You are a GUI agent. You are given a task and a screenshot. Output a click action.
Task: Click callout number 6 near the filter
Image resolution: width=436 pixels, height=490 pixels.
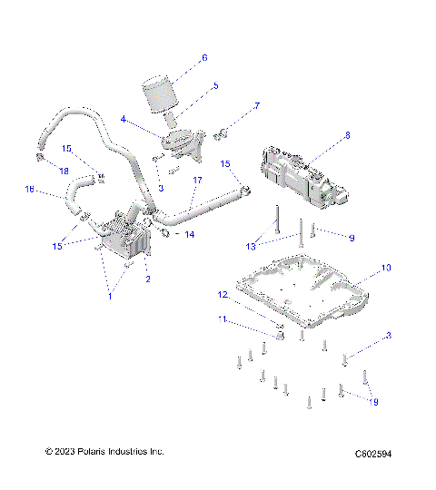(x=204, y=57)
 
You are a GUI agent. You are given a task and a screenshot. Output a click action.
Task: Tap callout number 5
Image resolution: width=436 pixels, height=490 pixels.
(x=214, y=86)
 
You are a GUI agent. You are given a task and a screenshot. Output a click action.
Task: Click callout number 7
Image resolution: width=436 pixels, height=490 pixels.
(x=256, y=106)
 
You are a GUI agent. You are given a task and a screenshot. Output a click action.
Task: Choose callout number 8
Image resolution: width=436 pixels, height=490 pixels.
(x=346, y=136)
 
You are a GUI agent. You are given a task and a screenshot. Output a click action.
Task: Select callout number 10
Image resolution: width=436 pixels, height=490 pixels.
(x=385, y=268)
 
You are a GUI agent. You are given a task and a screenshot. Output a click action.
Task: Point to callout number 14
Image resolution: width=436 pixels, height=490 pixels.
(x=190, y=234)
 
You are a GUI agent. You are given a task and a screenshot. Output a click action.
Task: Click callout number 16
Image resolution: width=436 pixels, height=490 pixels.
(x=29, y=190)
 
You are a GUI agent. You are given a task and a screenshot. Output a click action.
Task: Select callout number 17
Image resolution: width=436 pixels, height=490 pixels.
(x=196, y=181)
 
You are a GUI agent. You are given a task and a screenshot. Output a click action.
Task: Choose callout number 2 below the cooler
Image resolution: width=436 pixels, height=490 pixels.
(x=148, y=279)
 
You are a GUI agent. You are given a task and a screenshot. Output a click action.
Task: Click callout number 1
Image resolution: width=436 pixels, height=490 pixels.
(x=111, y=296)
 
